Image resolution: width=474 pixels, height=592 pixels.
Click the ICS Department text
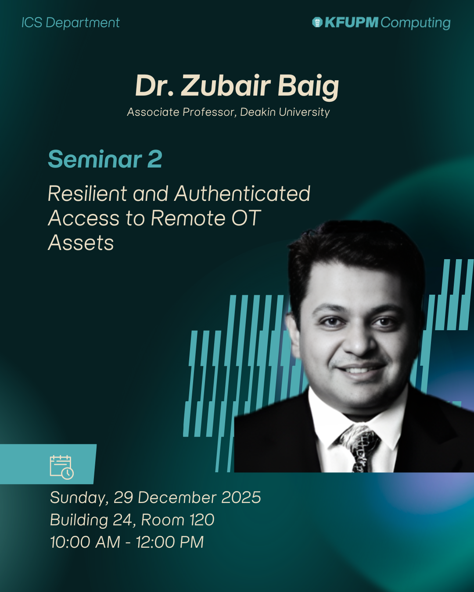click(71, 22)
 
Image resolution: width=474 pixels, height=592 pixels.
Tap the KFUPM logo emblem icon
click(317, 22)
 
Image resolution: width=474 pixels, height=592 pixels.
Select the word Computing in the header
click(415, 23)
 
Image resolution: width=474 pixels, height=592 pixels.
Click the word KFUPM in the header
click(352, 22)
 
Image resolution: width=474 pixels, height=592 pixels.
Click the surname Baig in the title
click(308, 86)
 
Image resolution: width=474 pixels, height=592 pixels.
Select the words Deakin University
click(285, 112)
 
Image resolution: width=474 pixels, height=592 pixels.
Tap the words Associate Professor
click(182, 112)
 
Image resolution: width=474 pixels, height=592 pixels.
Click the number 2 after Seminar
click(155, 159)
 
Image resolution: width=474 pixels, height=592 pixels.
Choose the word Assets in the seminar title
click(81, 243)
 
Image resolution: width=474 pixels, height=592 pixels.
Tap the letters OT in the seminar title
click(246, 218)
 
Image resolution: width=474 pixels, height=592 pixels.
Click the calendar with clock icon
click(61, 467)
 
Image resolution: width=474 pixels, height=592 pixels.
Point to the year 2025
click(241, 497)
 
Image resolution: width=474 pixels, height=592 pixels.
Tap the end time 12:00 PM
click(170, 542)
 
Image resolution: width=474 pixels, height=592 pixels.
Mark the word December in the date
click(176, 497)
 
